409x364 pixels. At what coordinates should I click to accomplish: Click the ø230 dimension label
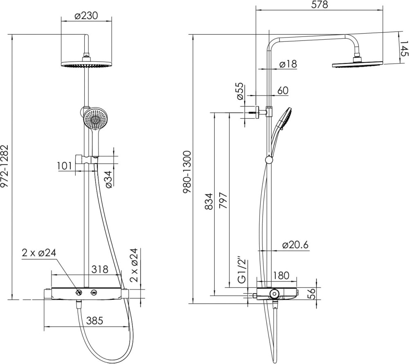86,16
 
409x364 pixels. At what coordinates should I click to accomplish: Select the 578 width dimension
319,4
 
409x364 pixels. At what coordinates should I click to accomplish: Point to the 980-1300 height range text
187,172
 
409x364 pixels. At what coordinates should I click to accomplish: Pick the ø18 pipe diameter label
288,64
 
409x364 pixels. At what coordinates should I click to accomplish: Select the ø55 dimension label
240,92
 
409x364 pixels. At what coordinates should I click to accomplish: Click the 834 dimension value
209,202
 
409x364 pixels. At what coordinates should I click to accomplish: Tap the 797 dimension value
223,200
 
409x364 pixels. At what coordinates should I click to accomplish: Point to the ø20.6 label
295,245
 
